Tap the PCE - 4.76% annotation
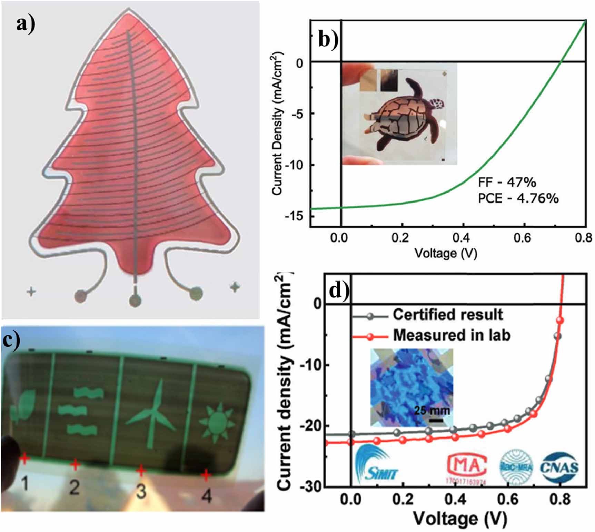click(518, 198)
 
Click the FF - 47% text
click(507, 182)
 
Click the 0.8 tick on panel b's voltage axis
click(583, 238)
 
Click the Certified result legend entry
click(447, 315)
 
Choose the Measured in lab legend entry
click(451, 335)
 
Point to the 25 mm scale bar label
click(432, 411)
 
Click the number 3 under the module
click(141, 492)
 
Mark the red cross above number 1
click(24, 459)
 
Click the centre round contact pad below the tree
click(135, 300)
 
